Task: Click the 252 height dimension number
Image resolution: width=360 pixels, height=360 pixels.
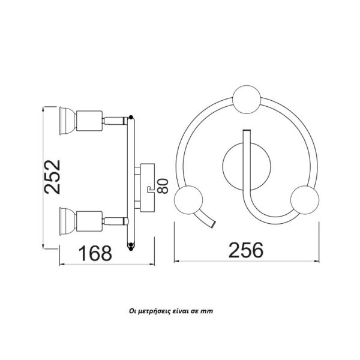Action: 53,177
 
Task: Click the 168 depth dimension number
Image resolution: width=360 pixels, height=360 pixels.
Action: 95,253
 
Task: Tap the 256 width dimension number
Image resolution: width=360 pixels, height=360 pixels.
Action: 246,250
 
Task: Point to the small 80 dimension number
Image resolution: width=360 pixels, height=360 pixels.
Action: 163,186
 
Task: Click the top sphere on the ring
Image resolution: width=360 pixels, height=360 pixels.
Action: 247,100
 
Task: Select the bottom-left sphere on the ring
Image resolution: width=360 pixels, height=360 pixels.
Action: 188,200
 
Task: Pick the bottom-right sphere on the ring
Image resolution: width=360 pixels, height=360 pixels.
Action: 305,200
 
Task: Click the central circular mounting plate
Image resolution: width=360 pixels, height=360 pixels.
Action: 247,166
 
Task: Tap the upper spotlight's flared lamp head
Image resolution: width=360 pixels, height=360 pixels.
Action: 68,121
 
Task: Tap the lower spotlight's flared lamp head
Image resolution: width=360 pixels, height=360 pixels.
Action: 68,221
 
